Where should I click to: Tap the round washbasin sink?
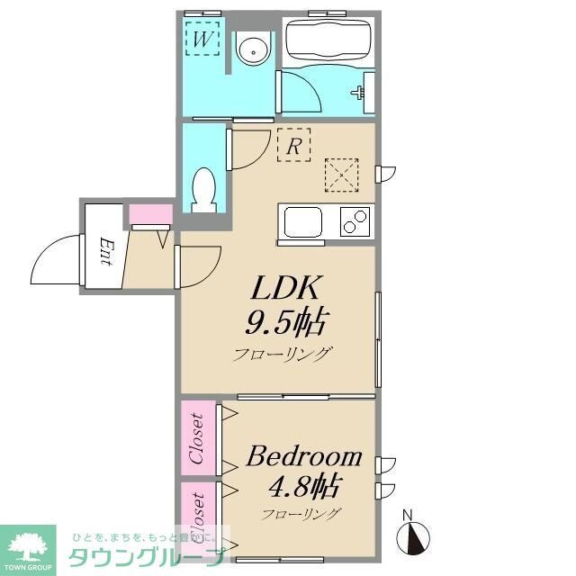tap(255, 49)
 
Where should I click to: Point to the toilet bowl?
tap(204, 190)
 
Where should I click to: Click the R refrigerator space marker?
tap(293, 145)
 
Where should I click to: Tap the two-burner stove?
tap(355, 221)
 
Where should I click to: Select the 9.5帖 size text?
tap(285, 320)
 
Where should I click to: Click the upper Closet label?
tap(197, 437)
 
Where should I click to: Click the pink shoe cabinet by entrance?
tap(149, 215)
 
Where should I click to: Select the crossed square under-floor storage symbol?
tap(342, 174)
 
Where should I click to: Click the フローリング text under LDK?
tap(283, 354)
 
